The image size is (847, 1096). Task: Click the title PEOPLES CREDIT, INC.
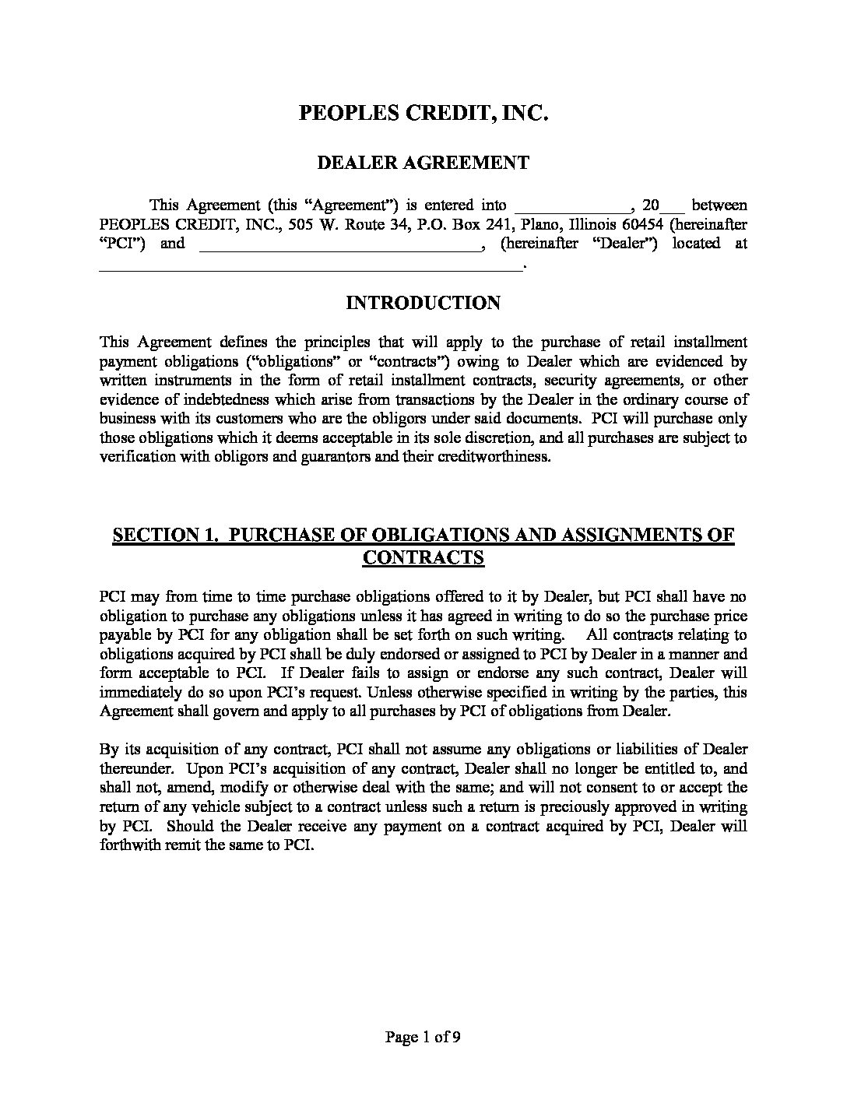click(424, 113)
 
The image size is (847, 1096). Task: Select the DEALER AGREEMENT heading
click(424, 163)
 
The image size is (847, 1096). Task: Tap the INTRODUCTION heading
click(423, 303)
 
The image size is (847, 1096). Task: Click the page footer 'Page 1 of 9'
click(424, 1037)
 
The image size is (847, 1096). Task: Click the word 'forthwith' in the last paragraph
click(128, 845)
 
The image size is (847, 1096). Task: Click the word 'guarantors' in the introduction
click(336, 457)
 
